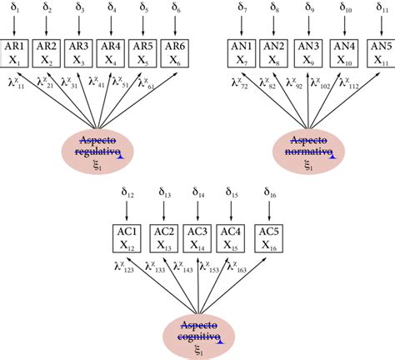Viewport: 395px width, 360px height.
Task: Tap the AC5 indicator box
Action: (267, 237)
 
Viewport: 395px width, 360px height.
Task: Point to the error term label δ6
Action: (175, 9)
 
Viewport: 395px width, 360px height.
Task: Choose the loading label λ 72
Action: (243, 82)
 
